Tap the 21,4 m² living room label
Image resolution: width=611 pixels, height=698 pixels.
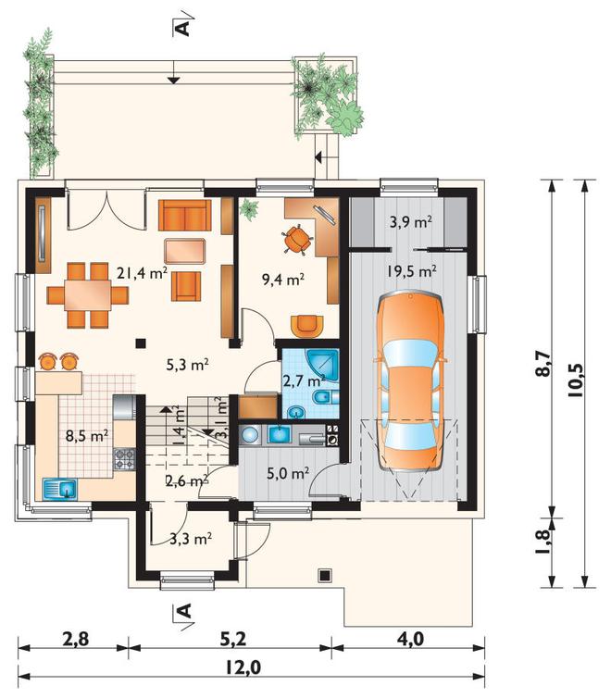click(x=142, y=273)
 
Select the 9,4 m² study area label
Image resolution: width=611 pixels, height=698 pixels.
click(x=283, y=280)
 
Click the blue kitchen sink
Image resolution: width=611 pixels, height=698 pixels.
click(x=60, y=489)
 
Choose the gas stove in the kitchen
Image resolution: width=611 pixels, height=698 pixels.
click(x=125, y=459)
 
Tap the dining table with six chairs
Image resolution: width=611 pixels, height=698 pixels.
click(x=88, y=295)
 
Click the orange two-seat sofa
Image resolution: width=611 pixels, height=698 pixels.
click(x=184, y=215)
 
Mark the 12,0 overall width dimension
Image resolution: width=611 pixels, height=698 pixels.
click(x=243, y=668)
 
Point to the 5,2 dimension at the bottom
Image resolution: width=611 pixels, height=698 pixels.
click(x=232, y=640)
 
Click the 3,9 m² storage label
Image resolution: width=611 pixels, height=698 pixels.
click(x=411, y=221)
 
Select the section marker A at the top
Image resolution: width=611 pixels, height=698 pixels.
click(x=183, y=28)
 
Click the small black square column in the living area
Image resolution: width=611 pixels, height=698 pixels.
click(x=141, y=343)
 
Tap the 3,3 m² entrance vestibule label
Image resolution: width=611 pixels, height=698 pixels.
click(x=191, y=539)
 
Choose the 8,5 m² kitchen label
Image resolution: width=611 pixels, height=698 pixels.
click(x=87, y=435)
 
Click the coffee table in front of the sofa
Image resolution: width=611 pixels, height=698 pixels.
click(x=184, y=251)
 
